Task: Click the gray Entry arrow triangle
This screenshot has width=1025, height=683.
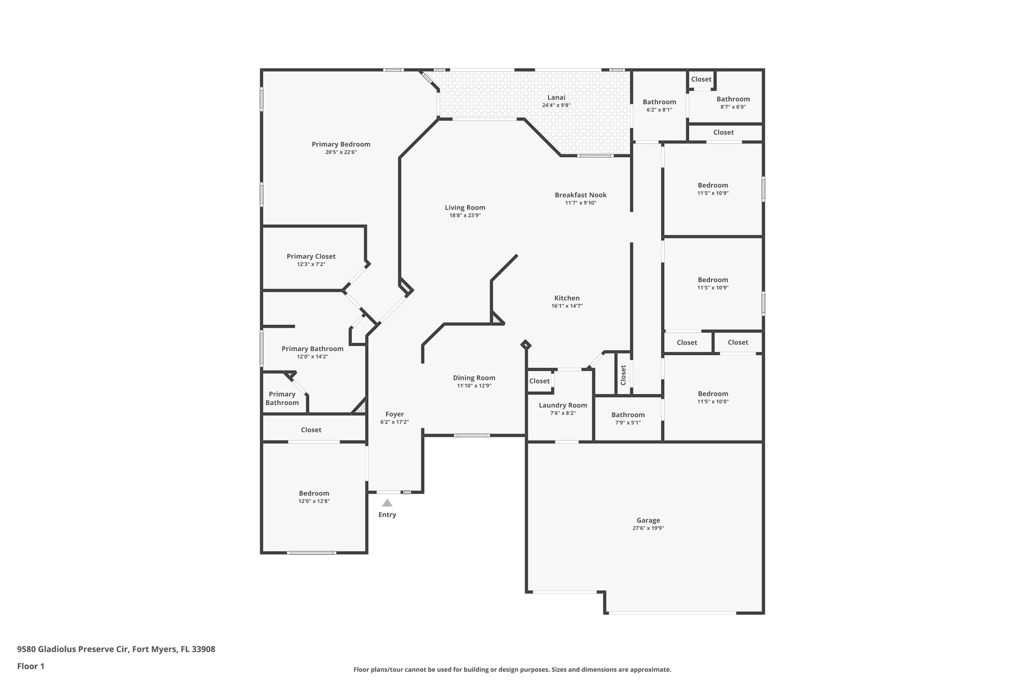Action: point(387,503)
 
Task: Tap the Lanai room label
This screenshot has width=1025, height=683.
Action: point(556,98)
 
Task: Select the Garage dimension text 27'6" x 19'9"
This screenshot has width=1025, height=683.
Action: point(648,528)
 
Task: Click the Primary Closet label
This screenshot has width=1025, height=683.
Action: point(311,256)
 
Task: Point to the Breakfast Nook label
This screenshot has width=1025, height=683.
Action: point(581,195)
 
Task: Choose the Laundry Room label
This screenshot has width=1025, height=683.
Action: point(563,405)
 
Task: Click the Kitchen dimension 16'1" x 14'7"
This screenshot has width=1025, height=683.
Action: point(567,306)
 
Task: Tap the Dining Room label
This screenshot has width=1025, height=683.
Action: point(474,378)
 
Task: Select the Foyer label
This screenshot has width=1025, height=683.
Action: point(394,414)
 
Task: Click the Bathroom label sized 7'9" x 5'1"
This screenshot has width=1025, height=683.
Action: point(628,415)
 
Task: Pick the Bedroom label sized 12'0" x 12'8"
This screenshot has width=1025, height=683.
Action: point(314,493)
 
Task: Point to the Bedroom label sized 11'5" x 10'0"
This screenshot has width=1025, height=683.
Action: point(713,394)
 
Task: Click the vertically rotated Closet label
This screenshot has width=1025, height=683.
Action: point(623,375)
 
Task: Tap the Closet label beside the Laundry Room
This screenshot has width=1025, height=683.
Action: point(539,381)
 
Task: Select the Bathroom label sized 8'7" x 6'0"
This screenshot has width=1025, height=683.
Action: point(733,99)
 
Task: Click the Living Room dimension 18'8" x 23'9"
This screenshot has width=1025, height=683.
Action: point(465,215)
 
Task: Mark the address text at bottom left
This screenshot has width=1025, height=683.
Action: point(116,649)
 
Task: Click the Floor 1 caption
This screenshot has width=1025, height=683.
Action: point(31,666)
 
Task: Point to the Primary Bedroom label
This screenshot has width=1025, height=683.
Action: point(341,144)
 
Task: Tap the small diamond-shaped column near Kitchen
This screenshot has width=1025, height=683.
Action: point(525,344)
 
